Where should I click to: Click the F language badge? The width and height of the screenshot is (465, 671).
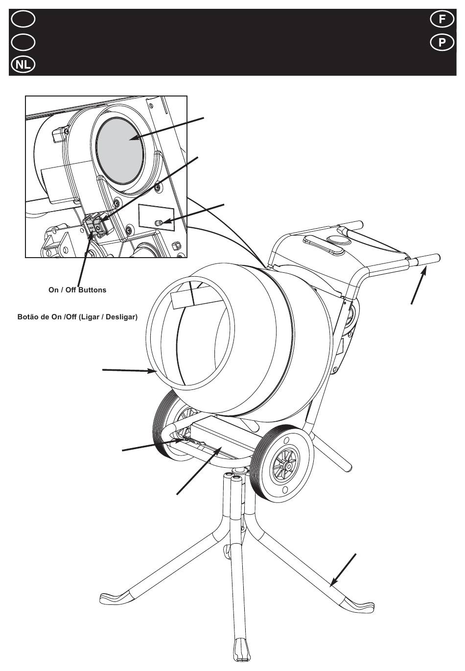442,19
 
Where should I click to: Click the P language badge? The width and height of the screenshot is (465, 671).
442,43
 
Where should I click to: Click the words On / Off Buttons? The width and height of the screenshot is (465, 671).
77,290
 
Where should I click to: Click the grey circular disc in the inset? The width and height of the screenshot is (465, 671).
120,150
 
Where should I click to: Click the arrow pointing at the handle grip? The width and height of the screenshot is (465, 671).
419,287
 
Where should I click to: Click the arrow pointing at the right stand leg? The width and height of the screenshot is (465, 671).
343,570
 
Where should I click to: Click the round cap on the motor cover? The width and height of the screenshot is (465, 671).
339,239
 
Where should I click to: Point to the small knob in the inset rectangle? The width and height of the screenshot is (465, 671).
159,222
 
